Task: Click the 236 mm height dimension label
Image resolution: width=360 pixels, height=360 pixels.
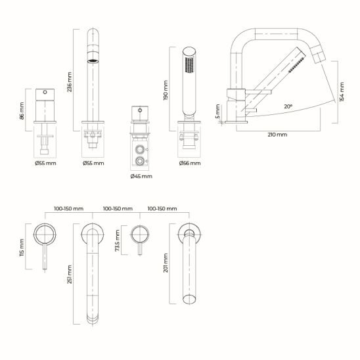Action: pos(70,82)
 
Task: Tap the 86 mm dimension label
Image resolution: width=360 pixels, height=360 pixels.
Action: pos(22,111)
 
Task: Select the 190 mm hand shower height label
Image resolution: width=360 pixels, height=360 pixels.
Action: pos(166,90)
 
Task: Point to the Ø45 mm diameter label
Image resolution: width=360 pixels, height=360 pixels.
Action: pos(141,176)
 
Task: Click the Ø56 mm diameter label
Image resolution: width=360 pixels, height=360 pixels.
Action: pos(190,163)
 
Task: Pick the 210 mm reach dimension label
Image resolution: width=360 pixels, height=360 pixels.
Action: pos(277,135)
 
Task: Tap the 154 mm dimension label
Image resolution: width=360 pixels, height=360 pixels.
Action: pos(342,92)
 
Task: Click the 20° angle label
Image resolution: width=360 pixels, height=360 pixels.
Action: pos(288,106)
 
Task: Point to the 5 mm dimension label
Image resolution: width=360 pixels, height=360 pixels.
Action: pos(218,112)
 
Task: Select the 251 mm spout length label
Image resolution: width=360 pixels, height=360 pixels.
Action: pos(70,275)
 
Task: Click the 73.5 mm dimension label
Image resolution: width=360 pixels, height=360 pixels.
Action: pos(118,240)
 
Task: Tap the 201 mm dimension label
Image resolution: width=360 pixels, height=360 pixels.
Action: pos(166,263)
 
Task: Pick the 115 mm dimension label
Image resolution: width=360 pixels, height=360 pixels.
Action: pos(22,247)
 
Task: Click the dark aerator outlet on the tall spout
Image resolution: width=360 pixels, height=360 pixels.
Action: pos(93,61)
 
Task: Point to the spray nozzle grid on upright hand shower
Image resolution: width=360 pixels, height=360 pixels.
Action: pos(189,65)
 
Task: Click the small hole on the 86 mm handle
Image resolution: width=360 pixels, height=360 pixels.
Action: pos(45,92)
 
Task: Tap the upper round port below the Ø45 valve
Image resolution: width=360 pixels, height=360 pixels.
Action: pos(139,150)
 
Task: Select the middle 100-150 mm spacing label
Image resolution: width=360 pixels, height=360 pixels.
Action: pos(118,209)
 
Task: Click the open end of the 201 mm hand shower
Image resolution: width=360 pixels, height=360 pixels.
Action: pos(189,300)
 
